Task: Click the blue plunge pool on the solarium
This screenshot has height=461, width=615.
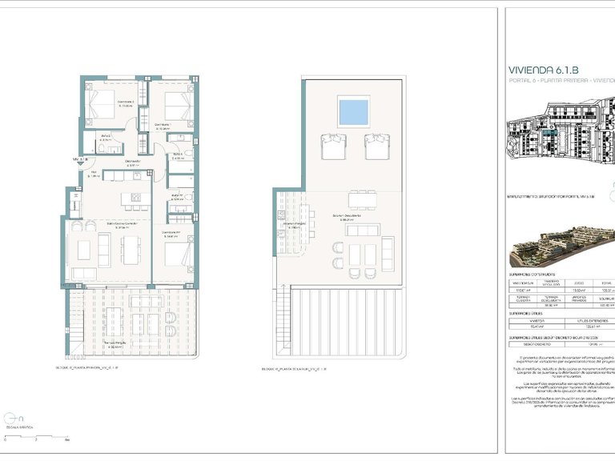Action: click(x=354, y=112)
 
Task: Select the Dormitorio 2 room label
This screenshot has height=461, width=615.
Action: click(x=103, y=102)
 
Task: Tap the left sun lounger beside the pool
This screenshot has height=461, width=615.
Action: click(x=332, y=146)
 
